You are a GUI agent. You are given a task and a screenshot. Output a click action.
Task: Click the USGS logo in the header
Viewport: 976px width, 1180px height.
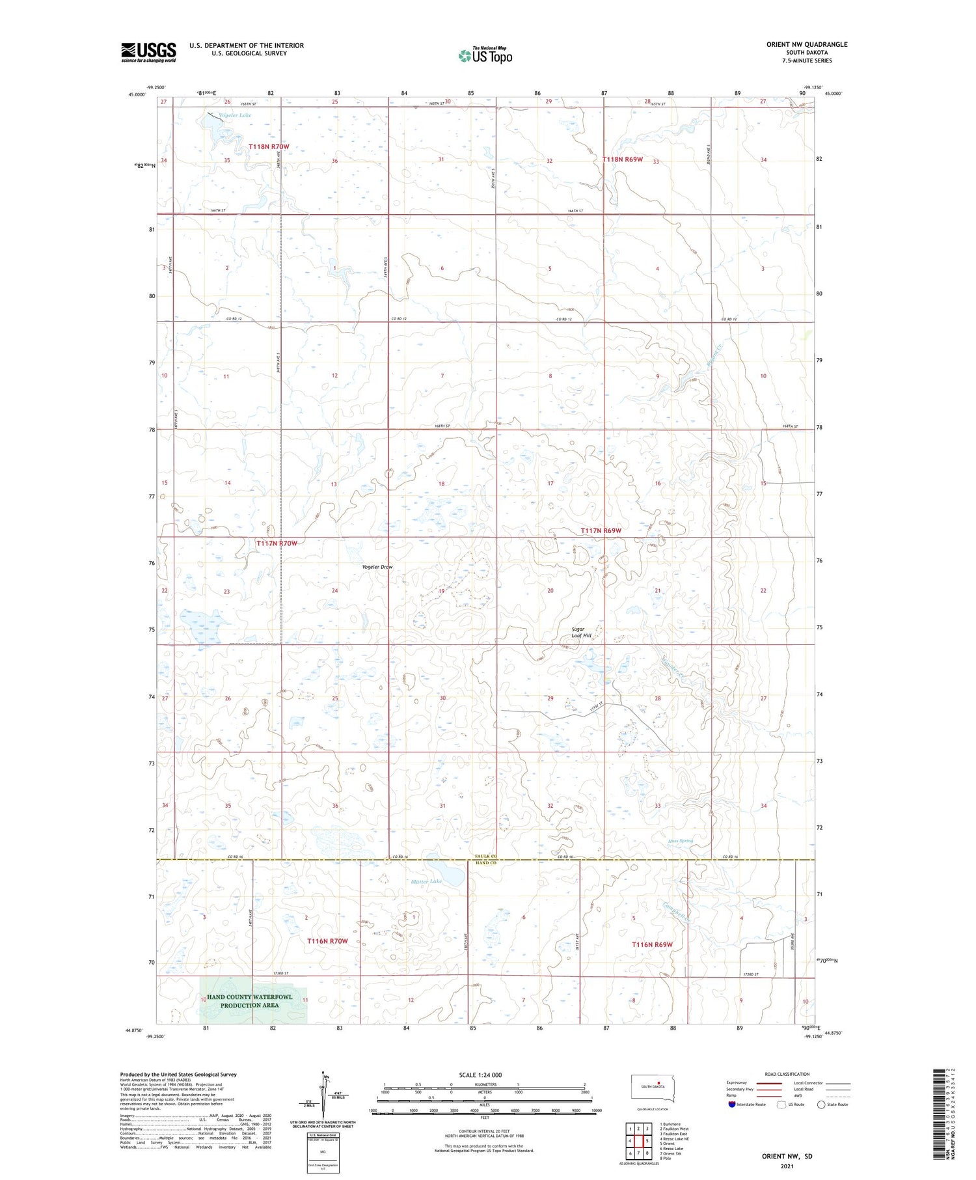(148, 52)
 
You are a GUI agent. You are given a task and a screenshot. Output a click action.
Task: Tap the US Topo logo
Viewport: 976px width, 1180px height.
(485, 56)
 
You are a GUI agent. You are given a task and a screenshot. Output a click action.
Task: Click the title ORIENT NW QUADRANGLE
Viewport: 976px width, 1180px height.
(806, 44)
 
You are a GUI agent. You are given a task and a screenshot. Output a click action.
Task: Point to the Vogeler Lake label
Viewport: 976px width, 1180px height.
(235, 115)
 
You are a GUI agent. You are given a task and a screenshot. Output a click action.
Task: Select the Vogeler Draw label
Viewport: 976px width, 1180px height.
(377, 567)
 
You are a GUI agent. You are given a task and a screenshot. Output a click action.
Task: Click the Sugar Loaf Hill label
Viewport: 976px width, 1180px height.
(581, 633)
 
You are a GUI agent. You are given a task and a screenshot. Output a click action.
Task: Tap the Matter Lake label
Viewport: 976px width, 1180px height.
(426, 881)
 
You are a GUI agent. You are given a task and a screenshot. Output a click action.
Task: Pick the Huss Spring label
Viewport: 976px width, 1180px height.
(680, 841)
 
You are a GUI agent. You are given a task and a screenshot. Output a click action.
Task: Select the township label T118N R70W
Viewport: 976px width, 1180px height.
(269, 147)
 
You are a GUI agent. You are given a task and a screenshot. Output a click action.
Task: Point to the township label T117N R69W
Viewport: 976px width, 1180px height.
(601, 530)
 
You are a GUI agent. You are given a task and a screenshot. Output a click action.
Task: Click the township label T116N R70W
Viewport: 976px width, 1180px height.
(327, 941)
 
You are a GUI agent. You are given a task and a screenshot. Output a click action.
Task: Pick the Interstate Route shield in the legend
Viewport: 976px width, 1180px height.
(732, 1105)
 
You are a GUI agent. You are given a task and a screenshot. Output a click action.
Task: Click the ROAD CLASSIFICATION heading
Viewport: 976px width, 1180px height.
(787, 1074)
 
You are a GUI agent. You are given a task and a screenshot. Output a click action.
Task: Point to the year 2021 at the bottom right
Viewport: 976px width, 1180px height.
(787, 1166)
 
